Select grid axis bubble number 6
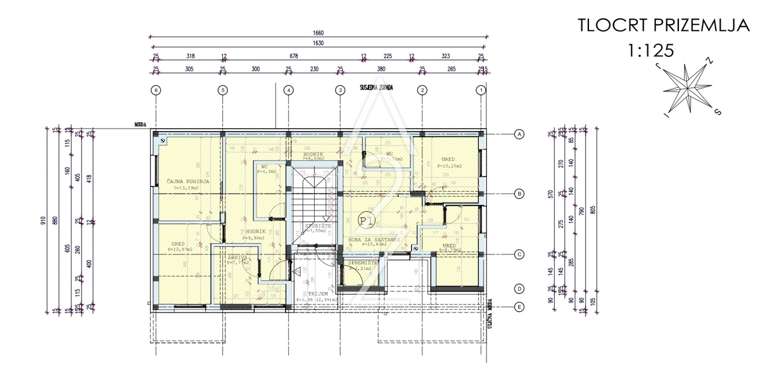click(x=156, y=90)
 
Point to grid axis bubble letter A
click(x=519, y=134)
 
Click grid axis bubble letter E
click(x=519, y=307)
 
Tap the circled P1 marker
click(x=365, y=220)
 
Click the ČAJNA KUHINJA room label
click(x=187, y=181)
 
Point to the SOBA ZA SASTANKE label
click(x=374, y=240)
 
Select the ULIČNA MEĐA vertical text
click(x=491, y=311)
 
